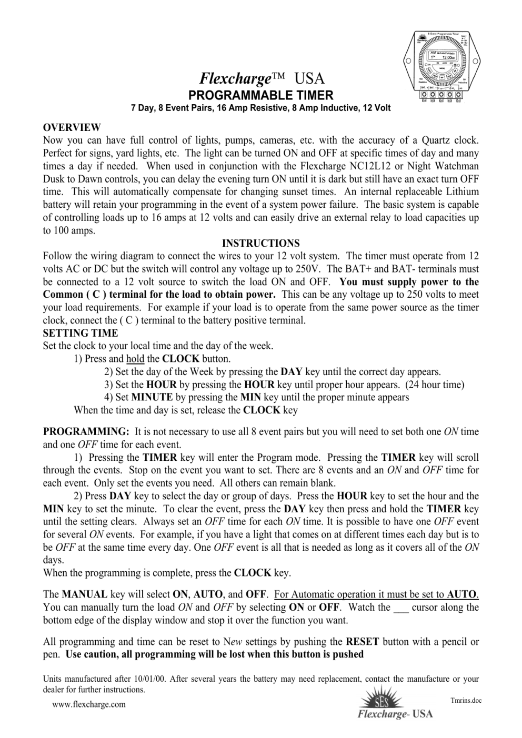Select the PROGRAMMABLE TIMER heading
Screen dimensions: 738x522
(x=261, y=95)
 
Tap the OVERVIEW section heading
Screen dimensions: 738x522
(x=72, y=127)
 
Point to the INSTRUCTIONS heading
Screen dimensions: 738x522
(x=261, y=243)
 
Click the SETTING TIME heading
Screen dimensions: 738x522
(x=81, y=333)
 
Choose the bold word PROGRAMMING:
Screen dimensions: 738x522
(x=86, y=432)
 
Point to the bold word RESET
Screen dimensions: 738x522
(x=363, y=641)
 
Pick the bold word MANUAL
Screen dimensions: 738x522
(x=85, y=594)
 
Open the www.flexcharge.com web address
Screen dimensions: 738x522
(x=89, y=704)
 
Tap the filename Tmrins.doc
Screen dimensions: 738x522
(x=466, y=700)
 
